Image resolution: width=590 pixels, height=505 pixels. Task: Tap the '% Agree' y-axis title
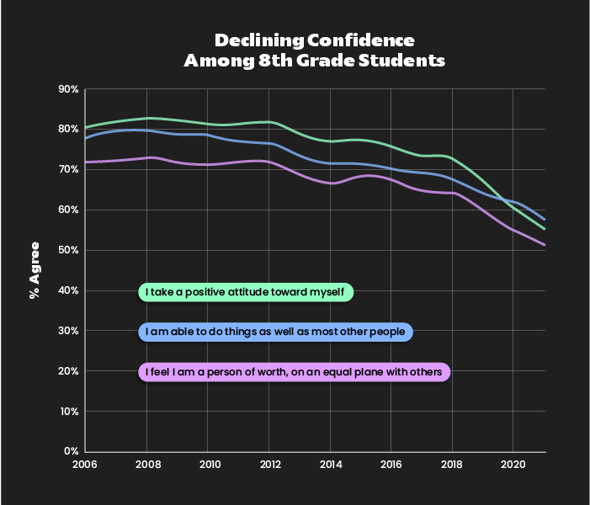[35, 269]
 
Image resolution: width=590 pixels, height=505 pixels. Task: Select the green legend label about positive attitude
[245, 292]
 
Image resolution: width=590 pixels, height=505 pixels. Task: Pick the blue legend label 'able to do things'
[275, 332]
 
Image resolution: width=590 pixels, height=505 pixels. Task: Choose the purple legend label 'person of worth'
[294, 372]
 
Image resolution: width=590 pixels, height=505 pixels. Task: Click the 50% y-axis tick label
[68, 251]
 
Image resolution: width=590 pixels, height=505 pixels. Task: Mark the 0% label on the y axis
[71, 452]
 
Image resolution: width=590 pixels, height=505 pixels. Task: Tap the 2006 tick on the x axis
[85, 464]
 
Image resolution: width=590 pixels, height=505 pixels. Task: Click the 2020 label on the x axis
[513, 464]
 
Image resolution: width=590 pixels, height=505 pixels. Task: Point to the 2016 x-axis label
[391, 464]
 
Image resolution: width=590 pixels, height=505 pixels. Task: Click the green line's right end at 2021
[545, 229]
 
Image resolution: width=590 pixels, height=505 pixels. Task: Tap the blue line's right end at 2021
[545, 220]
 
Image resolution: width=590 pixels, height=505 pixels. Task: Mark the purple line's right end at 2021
[545, 245]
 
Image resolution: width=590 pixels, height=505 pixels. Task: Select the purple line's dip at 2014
[331, 183]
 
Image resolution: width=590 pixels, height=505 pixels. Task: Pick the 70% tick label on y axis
[68, 170]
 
